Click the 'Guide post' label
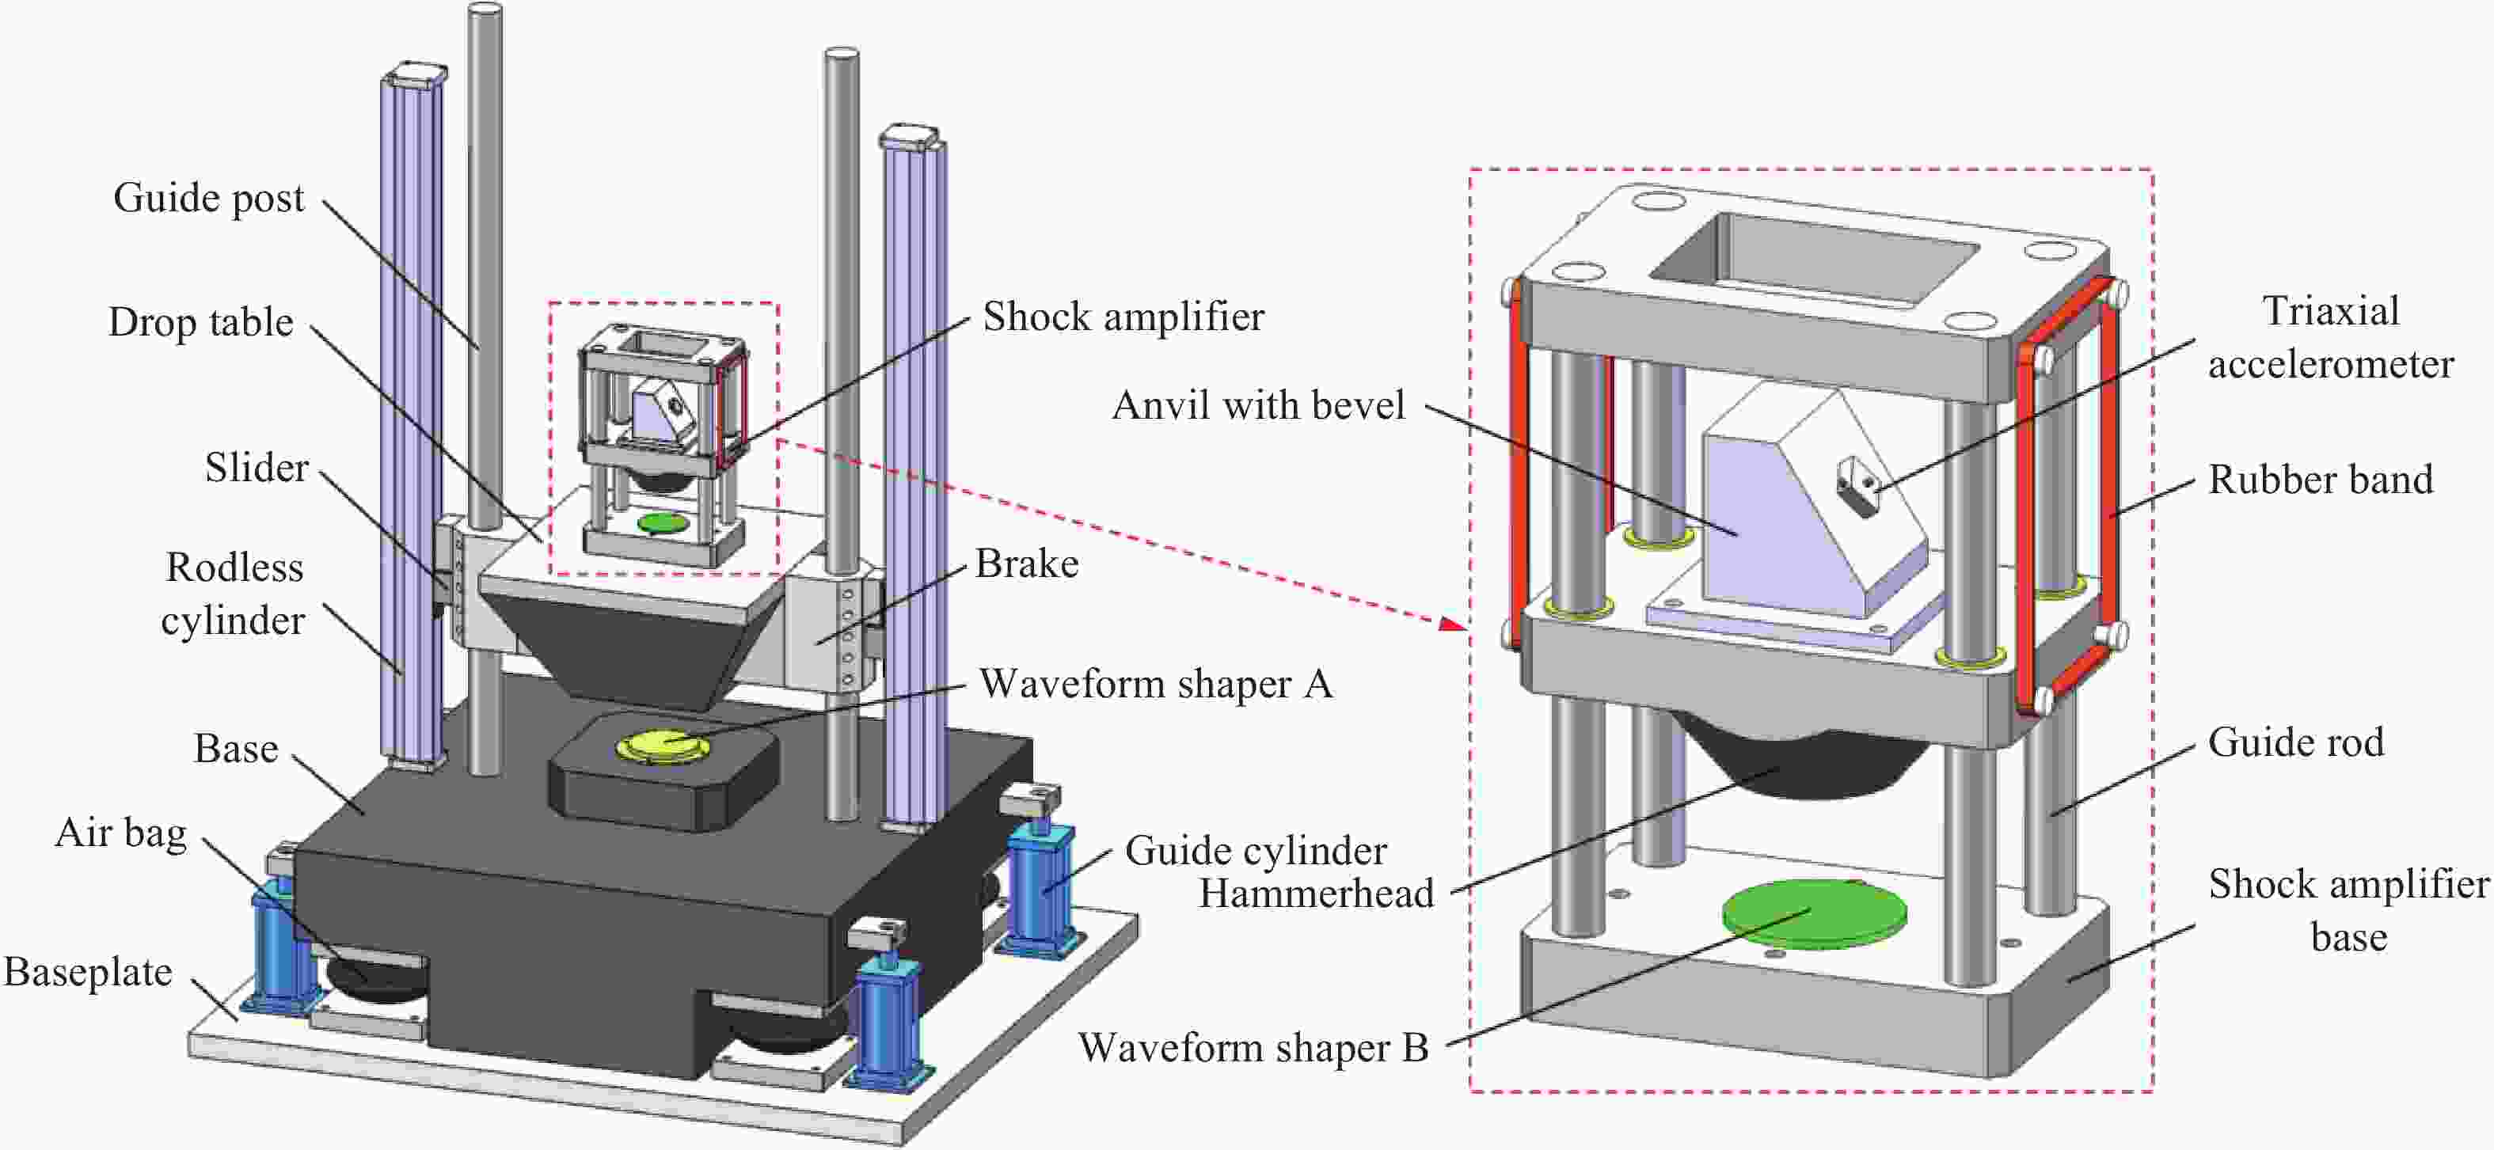click(208, 199)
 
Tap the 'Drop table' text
click(200, 322)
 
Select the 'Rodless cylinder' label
click(234, 594)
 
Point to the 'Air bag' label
click(121, 833)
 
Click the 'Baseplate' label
click(88, 972)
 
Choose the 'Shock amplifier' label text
click(1123, 317)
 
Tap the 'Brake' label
click(1026, 564)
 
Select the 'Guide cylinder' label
click(1256, 852)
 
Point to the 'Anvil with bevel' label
click(1257, 405)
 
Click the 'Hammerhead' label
click(1316, 894)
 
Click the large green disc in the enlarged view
click(1813, 913)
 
